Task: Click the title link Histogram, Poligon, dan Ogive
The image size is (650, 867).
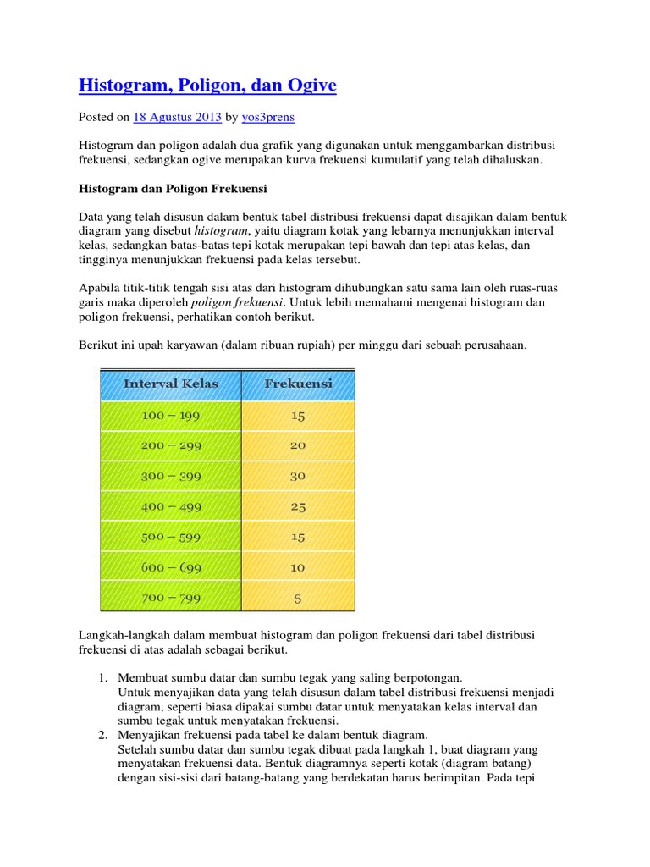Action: click(x=207, y=86)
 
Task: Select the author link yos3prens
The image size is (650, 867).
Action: click(x=268, y=118)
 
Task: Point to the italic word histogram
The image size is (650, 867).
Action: click(x=220, y=230)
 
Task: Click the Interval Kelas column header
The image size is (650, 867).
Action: click(x=171, y=384)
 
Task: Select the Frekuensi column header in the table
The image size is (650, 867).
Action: click(x=298, y=384)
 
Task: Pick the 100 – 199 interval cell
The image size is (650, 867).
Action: click(x=171, y=416)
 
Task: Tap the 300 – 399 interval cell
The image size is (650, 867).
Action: click(x=171, y=477)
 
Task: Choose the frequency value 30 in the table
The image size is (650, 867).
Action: click(x=298, y=477)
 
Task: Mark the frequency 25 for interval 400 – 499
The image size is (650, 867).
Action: click(x=298, y=507)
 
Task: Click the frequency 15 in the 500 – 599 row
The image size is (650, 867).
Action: click(x=298, y=538)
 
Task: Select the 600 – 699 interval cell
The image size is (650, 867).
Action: click(x=171, y=568)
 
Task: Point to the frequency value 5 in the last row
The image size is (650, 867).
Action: click(x=298, y=599)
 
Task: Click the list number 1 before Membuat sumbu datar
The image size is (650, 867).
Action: click(x=102, y=678)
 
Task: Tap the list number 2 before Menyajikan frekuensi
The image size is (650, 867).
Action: click(x=102, y=735)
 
